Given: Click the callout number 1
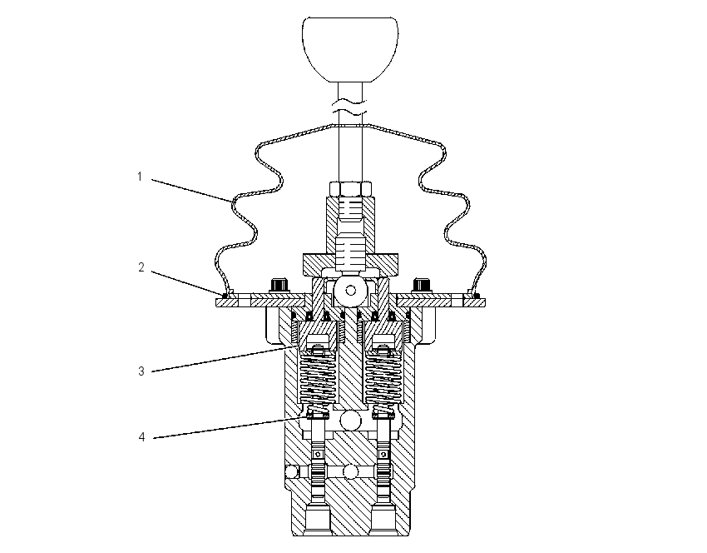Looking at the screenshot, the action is point(140,177).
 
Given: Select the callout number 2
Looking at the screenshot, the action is point(141,267).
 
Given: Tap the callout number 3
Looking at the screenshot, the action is point(141,371).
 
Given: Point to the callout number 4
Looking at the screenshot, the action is point(141,437).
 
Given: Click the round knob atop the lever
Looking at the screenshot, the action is point(350,50).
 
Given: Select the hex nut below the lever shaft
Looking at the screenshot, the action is point(350,188).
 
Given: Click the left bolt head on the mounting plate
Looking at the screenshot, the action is point(280,286).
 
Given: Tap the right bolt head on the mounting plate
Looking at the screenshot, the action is point(422,286).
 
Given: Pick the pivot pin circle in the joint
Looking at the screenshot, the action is point(351,291).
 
